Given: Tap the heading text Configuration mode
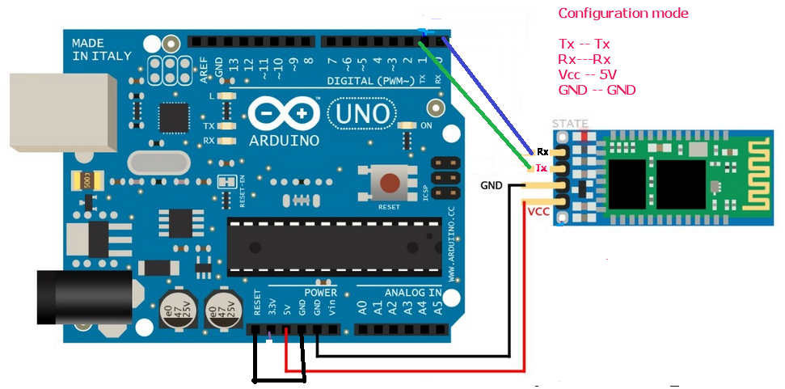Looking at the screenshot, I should pyautogui.click(x=623, y=14).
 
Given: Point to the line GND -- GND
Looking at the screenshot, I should pyautogui.click(x=597, y=90).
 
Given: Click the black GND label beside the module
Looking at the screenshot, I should pyautogui.click(x=492, y=185).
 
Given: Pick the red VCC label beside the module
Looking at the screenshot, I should pyautogui.click(x=538, y=212).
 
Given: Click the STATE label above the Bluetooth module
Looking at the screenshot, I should pyautogui.click(x=570, y=124).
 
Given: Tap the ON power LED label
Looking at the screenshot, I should pyautogui.click(x=427, y=126).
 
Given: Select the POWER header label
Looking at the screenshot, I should pyautogui.click(x=321, y=292).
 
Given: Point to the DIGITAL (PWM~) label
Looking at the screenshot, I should pyautogui.click(x=371, y=81).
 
